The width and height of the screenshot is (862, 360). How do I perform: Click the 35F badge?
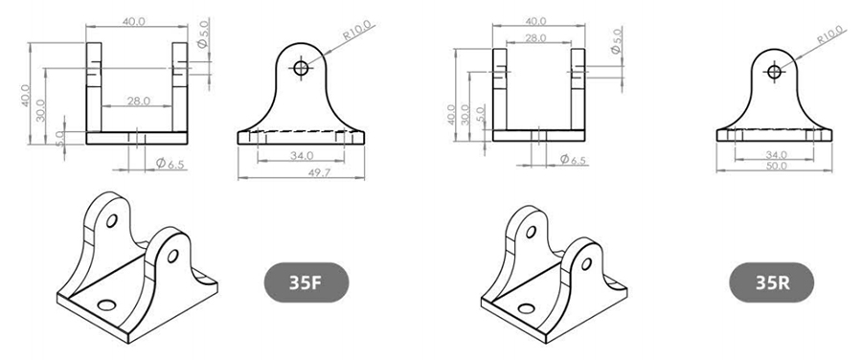click(x=306, y=281)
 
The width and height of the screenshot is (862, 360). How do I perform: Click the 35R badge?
click(x=772, y=281)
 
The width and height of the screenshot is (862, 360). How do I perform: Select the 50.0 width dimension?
click(x=774, y=165)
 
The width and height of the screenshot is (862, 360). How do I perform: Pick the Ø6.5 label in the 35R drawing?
click(x=574, y=159)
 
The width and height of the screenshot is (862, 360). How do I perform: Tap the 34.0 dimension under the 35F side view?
click(x=302, y=155)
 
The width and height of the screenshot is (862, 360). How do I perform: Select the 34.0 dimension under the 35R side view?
click(x=774, y=155)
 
